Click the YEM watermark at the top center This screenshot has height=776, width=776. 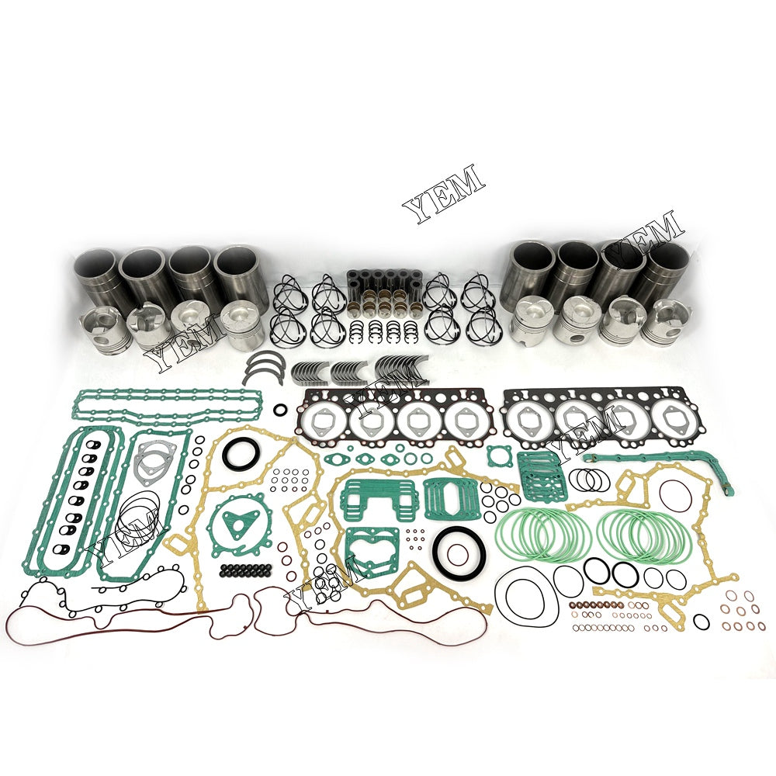pyautogui.click(x=443, y=194)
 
